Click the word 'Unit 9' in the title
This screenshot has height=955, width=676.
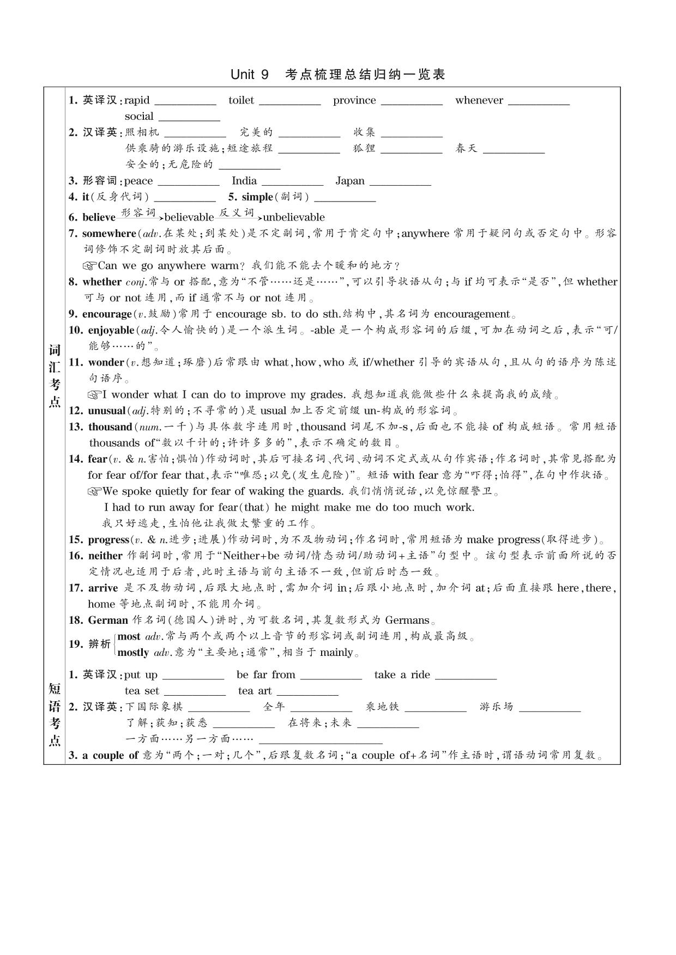coord(250,75)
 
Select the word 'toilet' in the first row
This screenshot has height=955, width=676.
coord(241,100)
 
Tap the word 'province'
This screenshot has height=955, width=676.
coord(354,100)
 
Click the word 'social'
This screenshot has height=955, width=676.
coord(139,116)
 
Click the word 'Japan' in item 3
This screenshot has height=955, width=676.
coord(350,181)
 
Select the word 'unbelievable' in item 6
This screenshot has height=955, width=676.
coord(294,217)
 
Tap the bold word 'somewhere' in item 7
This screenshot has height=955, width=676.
coord(109,233)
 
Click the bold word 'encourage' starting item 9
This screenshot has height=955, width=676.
coord(107,314)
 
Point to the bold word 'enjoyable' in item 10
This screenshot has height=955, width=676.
coord(111,330)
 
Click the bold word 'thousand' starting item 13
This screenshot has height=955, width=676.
coord(110,427)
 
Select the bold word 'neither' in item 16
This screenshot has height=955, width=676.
coord(105,556)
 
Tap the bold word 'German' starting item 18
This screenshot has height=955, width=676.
coord(108,620)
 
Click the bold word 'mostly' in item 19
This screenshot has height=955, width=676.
coord(133,653)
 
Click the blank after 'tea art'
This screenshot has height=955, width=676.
coord(307,693)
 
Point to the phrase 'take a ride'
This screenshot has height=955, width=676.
coord(402,674)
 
